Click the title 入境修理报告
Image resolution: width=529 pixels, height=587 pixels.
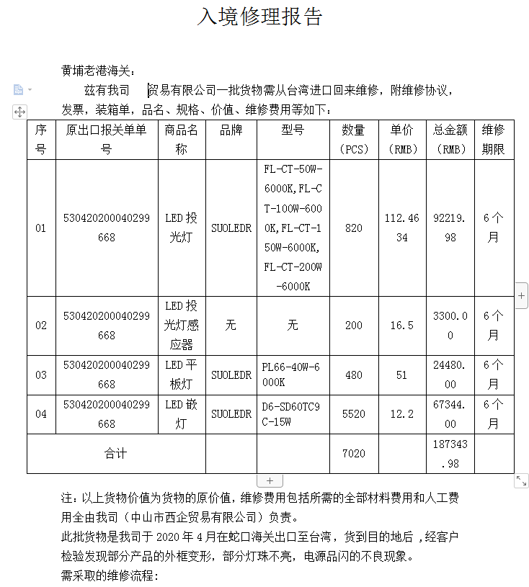click(x=261, y=17)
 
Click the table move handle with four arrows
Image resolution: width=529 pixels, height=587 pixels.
click(x=19, y=112)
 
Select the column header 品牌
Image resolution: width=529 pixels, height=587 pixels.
click(x=231, y=130)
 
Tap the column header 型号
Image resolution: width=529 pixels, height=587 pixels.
click(x=293, y=130)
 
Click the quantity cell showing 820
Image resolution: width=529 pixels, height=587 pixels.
click(x=354, y=228)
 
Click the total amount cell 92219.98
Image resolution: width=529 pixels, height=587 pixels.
click(x=450, y=228)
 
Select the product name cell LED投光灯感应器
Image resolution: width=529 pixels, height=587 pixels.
click(x=182, y=325)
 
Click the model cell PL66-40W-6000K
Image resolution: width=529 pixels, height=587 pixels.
click(x=293, y=375)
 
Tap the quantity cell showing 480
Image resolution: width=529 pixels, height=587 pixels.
click(x=354, y=375)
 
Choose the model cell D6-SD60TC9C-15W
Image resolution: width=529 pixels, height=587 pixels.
click(x=293, y=414)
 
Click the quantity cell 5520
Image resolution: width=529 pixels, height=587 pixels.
click(x=354, y=414)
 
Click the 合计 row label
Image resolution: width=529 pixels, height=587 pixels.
click(x=115, y=454)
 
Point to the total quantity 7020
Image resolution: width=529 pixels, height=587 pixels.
click(x=354, y=454)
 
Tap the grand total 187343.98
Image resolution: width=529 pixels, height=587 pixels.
click(x=450, y=454)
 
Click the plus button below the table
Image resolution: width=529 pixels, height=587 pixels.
click(x=270, y=480)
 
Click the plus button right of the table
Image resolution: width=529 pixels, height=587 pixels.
click(x=522, y=295)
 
